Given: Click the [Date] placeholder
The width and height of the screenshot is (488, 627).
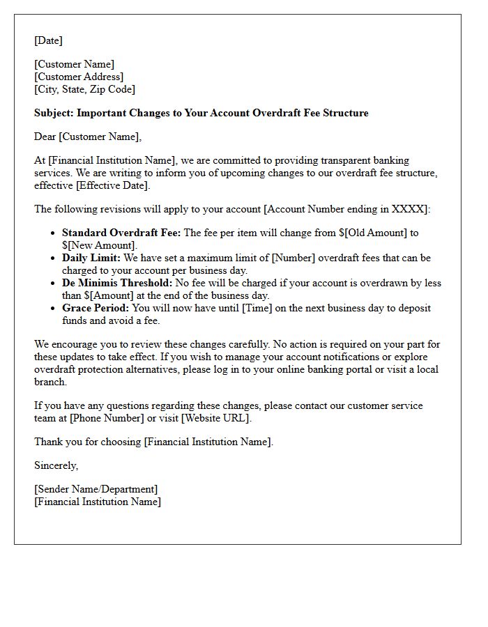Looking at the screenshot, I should coord(49,40).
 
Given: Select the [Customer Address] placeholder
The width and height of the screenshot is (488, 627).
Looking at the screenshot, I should coord(79,77).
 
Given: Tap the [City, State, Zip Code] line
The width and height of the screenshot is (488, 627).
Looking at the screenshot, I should coord(84,89).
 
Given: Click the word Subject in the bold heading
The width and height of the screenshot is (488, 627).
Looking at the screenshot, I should coord(53,113).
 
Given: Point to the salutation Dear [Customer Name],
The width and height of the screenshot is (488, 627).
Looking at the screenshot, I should coord(88,137).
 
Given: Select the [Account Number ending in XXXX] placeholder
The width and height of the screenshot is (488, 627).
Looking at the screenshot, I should coord(348,209).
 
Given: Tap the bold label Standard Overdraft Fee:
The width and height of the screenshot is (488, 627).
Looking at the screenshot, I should coord(121,233).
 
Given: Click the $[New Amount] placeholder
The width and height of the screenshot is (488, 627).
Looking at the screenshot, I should coord(99,245).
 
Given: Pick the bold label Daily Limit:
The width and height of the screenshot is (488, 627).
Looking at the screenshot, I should coord(91,258).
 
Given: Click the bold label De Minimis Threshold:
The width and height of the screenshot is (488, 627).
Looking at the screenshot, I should coord(117,283).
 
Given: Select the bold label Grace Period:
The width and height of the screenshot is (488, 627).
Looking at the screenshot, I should coord(96,308).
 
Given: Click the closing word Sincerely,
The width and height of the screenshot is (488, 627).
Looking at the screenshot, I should coord(56,465).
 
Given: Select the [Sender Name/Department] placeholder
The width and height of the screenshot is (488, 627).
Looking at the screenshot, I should coord(96,489).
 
